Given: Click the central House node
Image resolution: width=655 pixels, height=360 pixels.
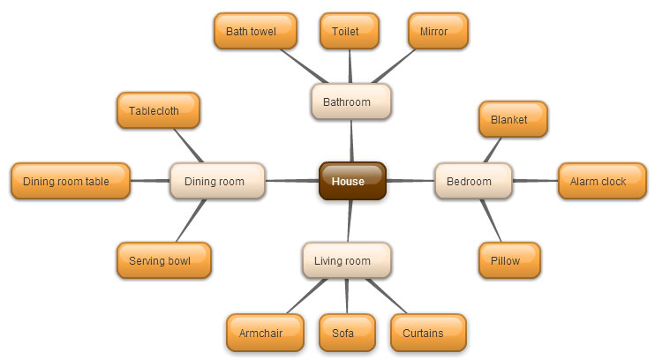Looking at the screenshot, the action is tap(352, 181).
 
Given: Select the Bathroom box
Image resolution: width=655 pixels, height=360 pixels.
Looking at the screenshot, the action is tap(351, 101).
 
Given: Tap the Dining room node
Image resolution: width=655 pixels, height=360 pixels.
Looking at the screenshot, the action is tap(217, 181).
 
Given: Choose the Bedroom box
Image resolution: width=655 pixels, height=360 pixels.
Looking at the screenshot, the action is tap(473, 181).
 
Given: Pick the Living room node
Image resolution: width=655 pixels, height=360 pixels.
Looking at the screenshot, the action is tap(347, 260).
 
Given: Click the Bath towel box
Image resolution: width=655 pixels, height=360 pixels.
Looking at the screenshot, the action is tap(255, 31).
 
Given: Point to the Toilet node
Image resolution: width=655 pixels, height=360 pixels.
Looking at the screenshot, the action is tap(350, 31).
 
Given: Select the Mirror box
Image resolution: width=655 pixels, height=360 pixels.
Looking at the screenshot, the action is tap(438, 31).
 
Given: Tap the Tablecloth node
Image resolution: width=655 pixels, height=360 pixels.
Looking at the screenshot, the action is tap(158, 110).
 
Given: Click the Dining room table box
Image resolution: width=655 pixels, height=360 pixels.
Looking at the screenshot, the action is tap(71, 181).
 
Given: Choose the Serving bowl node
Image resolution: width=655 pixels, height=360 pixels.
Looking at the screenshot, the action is tap(164, 260).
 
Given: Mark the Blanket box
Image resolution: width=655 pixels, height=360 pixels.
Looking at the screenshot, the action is tap(513, 119).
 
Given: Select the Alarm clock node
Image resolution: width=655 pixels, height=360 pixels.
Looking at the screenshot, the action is tap(602, 181).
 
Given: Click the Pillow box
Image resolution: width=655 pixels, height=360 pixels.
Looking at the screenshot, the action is tap(509, 260).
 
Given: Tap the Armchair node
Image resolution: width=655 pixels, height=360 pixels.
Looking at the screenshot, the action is tap(265, 333).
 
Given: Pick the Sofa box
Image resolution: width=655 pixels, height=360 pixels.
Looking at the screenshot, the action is tap(347, 333).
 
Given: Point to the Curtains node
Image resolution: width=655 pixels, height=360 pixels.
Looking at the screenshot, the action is tap(428, 333).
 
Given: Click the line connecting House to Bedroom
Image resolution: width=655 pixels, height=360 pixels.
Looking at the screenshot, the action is tap(410, 181).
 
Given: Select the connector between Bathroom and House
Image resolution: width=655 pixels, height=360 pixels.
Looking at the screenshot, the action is tap(351, 141).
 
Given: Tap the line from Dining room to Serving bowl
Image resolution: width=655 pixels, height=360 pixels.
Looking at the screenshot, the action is tap(191, 221).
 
